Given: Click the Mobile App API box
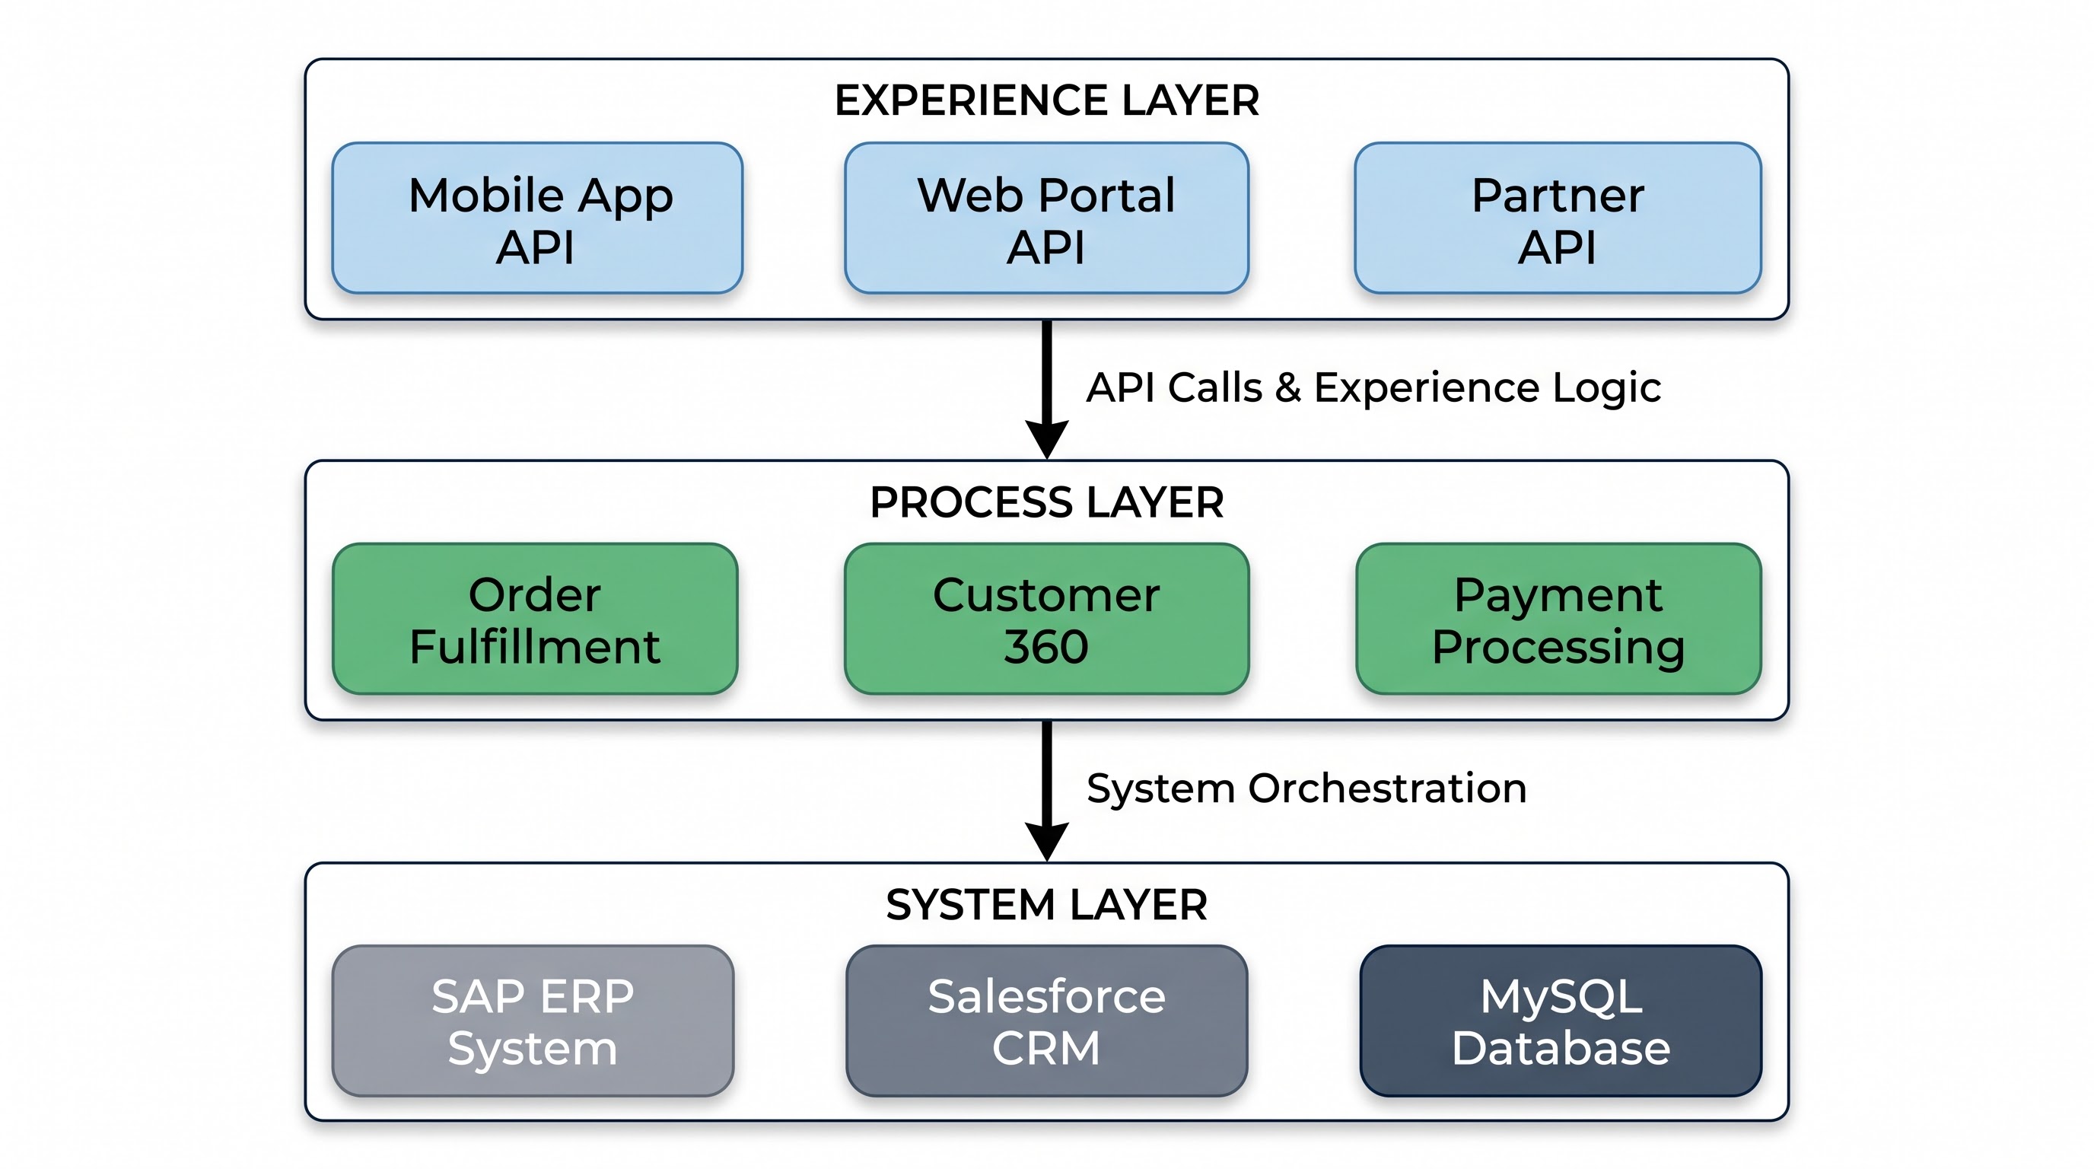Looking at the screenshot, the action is (537, 218).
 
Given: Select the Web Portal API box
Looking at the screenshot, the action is (1046, 218).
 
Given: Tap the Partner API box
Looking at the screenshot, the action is (1558, 218).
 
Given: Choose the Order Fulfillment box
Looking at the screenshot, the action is (536, 619).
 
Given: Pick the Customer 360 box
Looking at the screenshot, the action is (1046, 619).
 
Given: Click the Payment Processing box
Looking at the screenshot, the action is (1558, 619).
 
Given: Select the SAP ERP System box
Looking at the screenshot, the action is (533, 1021).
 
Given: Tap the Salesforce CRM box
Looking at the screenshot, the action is (1046, 1021).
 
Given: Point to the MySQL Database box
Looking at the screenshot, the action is (1561, 1021).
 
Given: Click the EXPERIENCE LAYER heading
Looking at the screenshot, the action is (1047, 100).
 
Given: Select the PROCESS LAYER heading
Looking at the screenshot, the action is (1047, 502).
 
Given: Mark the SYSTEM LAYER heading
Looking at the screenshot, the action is (1047, 905).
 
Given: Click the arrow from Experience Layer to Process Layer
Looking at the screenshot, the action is (1047, 390).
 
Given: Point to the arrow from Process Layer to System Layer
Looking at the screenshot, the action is (1047, 791).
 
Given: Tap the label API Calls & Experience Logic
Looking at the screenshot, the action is (1373, 388).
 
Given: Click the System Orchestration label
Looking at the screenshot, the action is (1307, 788).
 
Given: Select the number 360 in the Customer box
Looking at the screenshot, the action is (1046, 647).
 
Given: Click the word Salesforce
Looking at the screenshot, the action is (1046, 997).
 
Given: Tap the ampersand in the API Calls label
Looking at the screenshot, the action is (1287, 388).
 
